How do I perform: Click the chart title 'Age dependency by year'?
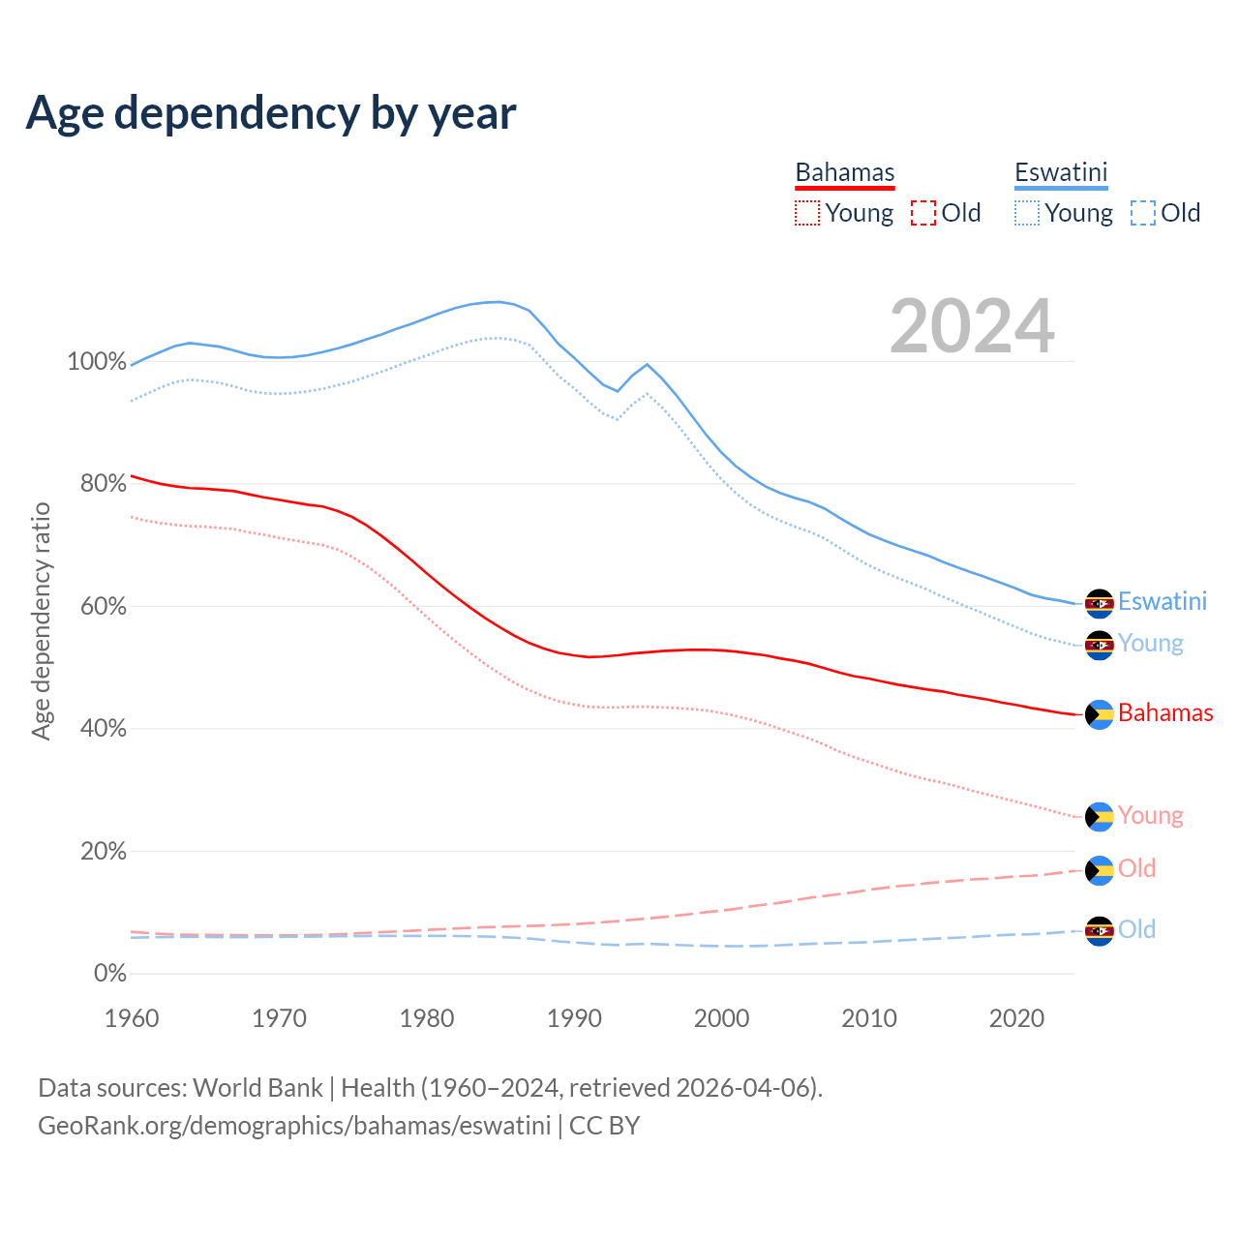(271, 113)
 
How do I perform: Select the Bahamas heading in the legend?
(845, 172)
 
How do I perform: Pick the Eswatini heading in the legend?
(1061, 172)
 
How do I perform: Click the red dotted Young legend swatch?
(807, 213)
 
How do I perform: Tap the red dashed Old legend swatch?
(923, 213)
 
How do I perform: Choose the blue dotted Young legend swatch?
(1027, 213)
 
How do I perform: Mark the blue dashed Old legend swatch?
(1143, 213)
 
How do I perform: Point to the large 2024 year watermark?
(972, 326)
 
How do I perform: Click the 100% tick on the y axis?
(97, 362)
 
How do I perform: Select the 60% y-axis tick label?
(103, 607)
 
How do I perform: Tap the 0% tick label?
(109, 974)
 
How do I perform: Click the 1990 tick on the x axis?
(574, 1018)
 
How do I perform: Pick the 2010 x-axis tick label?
(869, 1018)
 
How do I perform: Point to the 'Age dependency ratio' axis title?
(41, 620)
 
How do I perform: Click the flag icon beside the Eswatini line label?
(1100, 603)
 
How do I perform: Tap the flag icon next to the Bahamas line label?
(1100, 714)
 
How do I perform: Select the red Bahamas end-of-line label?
(1165, 713)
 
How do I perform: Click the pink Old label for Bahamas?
(1137, 868)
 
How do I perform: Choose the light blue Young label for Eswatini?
(1151, 644)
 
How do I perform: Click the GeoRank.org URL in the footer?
(294, 1126)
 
